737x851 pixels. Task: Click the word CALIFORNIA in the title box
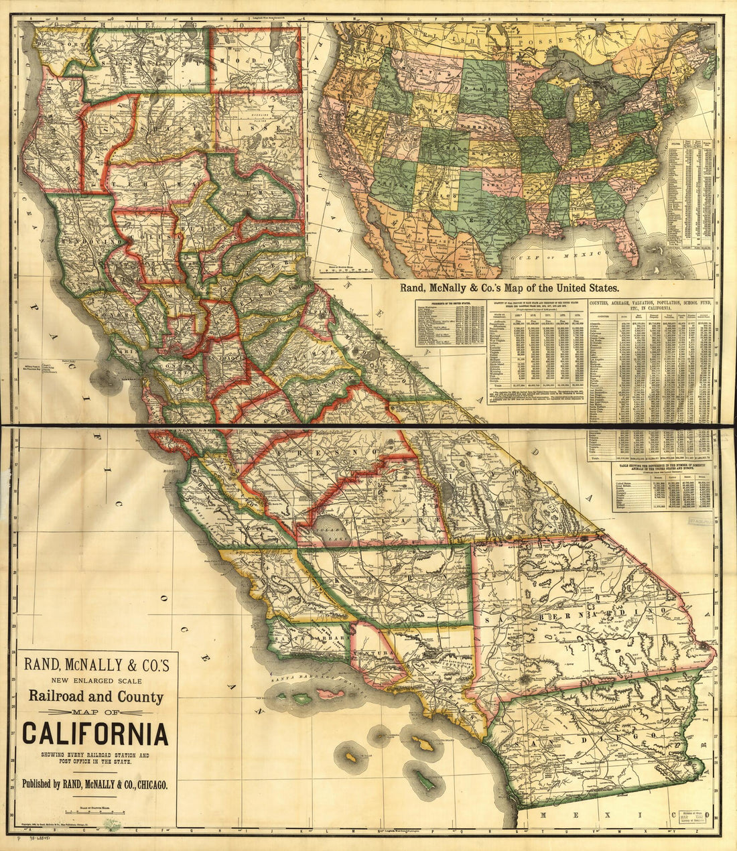[x=95, y=733]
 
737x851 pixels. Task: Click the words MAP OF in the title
[x=95, y=711]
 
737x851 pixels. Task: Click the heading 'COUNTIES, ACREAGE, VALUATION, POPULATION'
[x=650, y=304]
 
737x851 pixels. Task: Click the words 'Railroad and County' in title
[x=95, y=696]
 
